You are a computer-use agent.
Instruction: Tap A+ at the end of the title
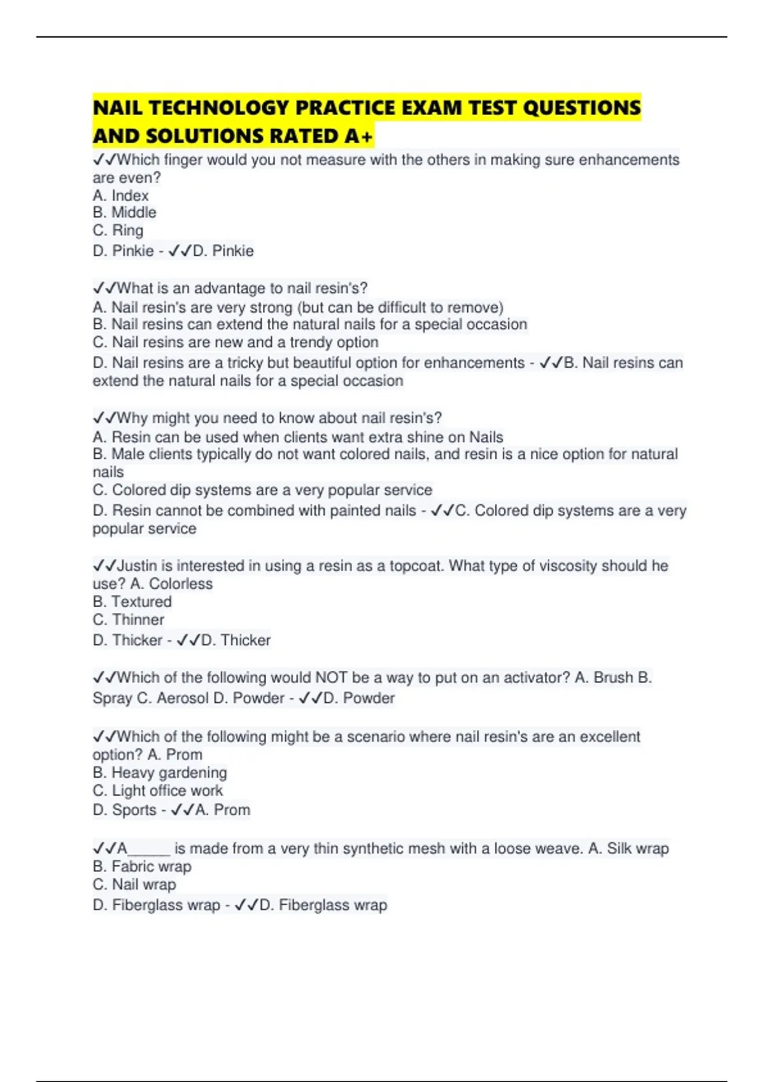click(x=359, y=136)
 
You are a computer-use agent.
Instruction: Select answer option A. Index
click(x=120, y=195)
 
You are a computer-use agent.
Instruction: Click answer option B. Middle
click(x=124, y=213)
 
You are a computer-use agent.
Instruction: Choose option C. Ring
click(x=118, y=230)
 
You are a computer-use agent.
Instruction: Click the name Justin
click(x=137, y=566)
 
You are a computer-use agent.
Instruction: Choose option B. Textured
click(x=132, y=602)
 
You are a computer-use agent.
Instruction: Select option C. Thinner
click(x=128, y=620)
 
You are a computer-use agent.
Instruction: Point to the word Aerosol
click(x=183, y=698)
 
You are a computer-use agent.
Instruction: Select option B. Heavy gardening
click(x=159, y=773)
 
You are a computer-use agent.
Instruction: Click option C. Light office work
click(x=157, y=790)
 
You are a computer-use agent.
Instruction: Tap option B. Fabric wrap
click(x=141, y=866)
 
